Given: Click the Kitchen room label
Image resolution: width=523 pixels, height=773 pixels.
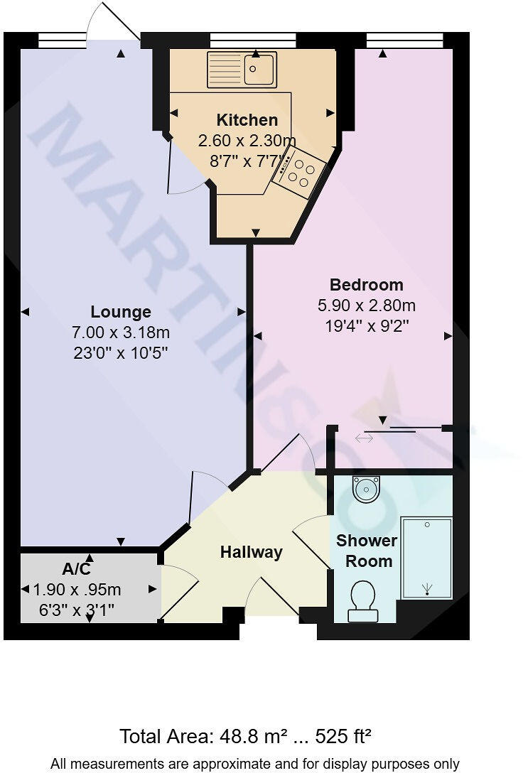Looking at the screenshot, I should pos(247,120).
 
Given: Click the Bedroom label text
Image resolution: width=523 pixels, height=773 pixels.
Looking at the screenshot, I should pos(366,285).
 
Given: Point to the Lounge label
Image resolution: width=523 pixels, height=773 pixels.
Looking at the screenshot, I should pos(121,312).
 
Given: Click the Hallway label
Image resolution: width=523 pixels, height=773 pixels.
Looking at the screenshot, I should pos(251,552).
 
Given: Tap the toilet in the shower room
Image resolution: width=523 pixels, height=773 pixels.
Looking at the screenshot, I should pos(364,598).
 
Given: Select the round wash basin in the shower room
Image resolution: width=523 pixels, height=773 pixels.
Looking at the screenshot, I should pos(367,488).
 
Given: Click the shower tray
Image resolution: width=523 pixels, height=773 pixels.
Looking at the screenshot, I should pos(426,558).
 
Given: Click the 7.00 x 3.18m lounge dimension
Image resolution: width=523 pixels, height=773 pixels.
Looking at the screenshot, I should pos(121,332).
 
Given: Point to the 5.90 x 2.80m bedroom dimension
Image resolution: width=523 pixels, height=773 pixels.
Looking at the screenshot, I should pos(366,306).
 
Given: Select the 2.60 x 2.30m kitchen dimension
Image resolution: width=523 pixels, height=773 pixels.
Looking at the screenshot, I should pos(247,140).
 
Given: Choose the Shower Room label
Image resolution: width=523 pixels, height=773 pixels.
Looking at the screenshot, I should pos(366,551).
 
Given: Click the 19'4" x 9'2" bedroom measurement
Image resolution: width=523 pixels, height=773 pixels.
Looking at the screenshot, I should pos(366,327).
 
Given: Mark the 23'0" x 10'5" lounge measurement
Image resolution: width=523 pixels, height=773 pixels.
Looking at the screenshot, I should pos(121,352).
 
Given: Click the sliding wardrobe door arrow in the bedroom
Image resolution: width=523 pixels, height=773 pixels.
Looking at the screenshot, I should pos(364,438).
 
